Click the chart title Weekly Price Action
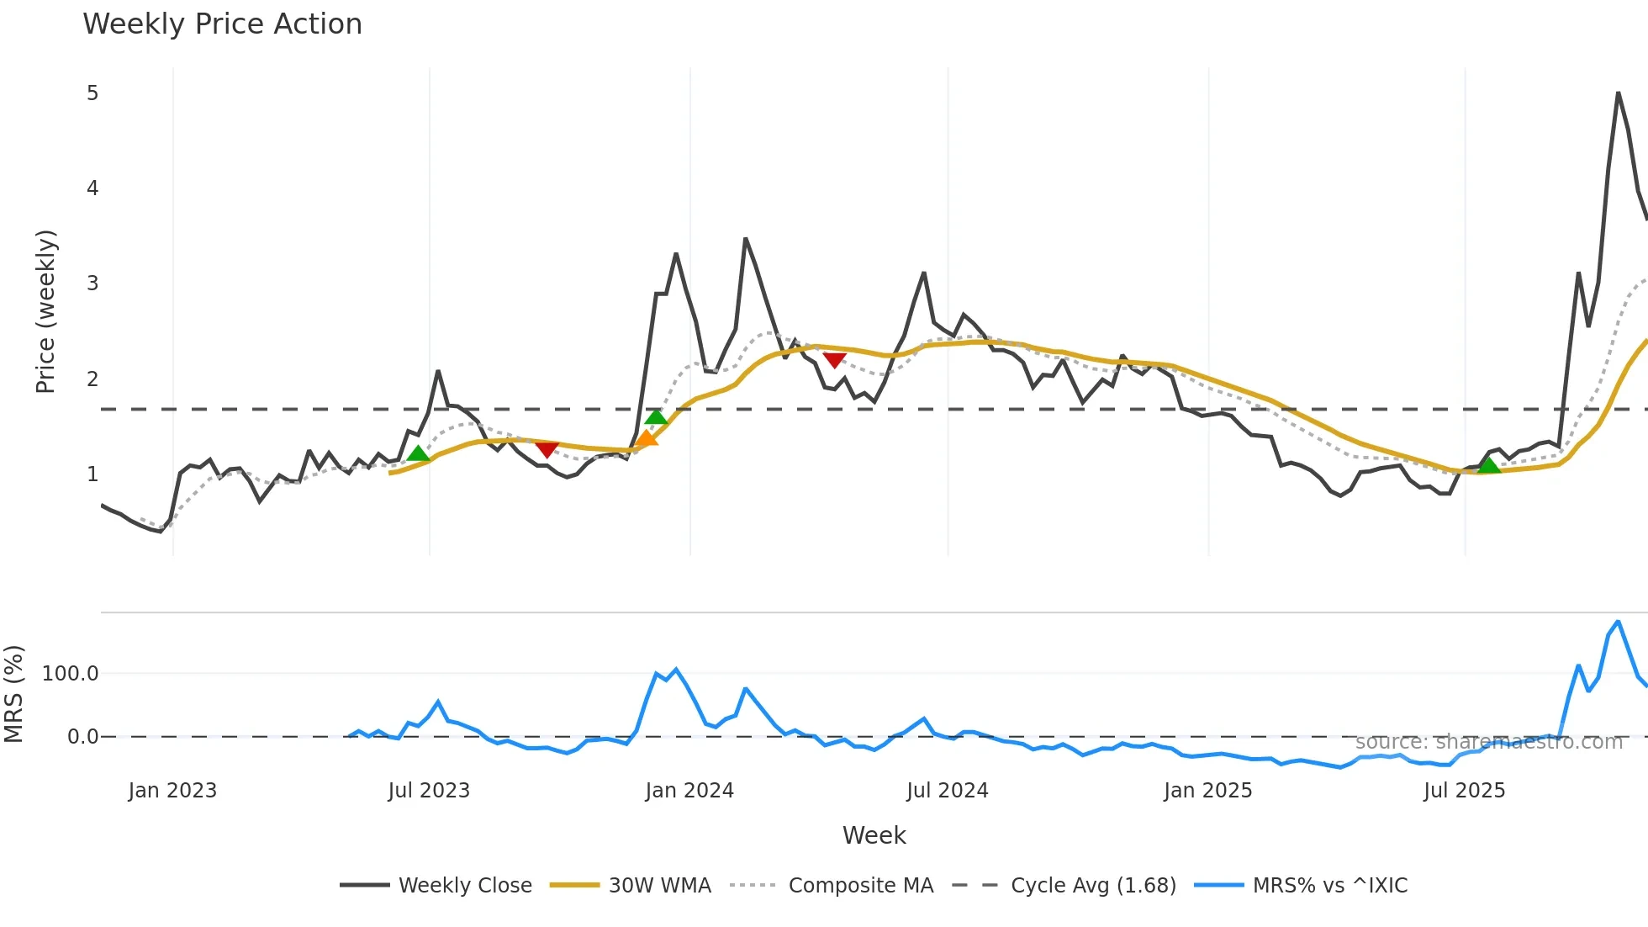(x=222, y=24)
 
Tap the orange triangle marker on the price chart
(x=646, y=438)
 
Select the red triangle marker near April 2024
(x=834, y=360)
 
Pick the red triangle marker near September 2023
(x=547, y=450)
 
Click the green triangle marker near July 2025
(x=1489, y=465)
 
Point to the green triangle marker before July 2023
(x=418, y=454)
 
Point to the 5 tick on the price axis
(x=92, y=93)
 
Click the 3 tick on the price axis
(x=92, y=283)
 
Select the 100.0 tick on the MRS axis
(x=71, y=674)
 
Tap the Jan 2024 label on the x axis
(x=689, y=791)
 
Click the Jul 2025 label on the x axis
(x=1464, y=791)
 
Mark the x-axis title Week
(x=874, y=835)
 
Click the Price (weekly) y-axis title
(x=45, y=311)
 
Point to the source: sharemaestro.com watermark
(x=1489, y=742)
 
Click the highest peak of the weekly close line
(x=1618, y=93)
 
